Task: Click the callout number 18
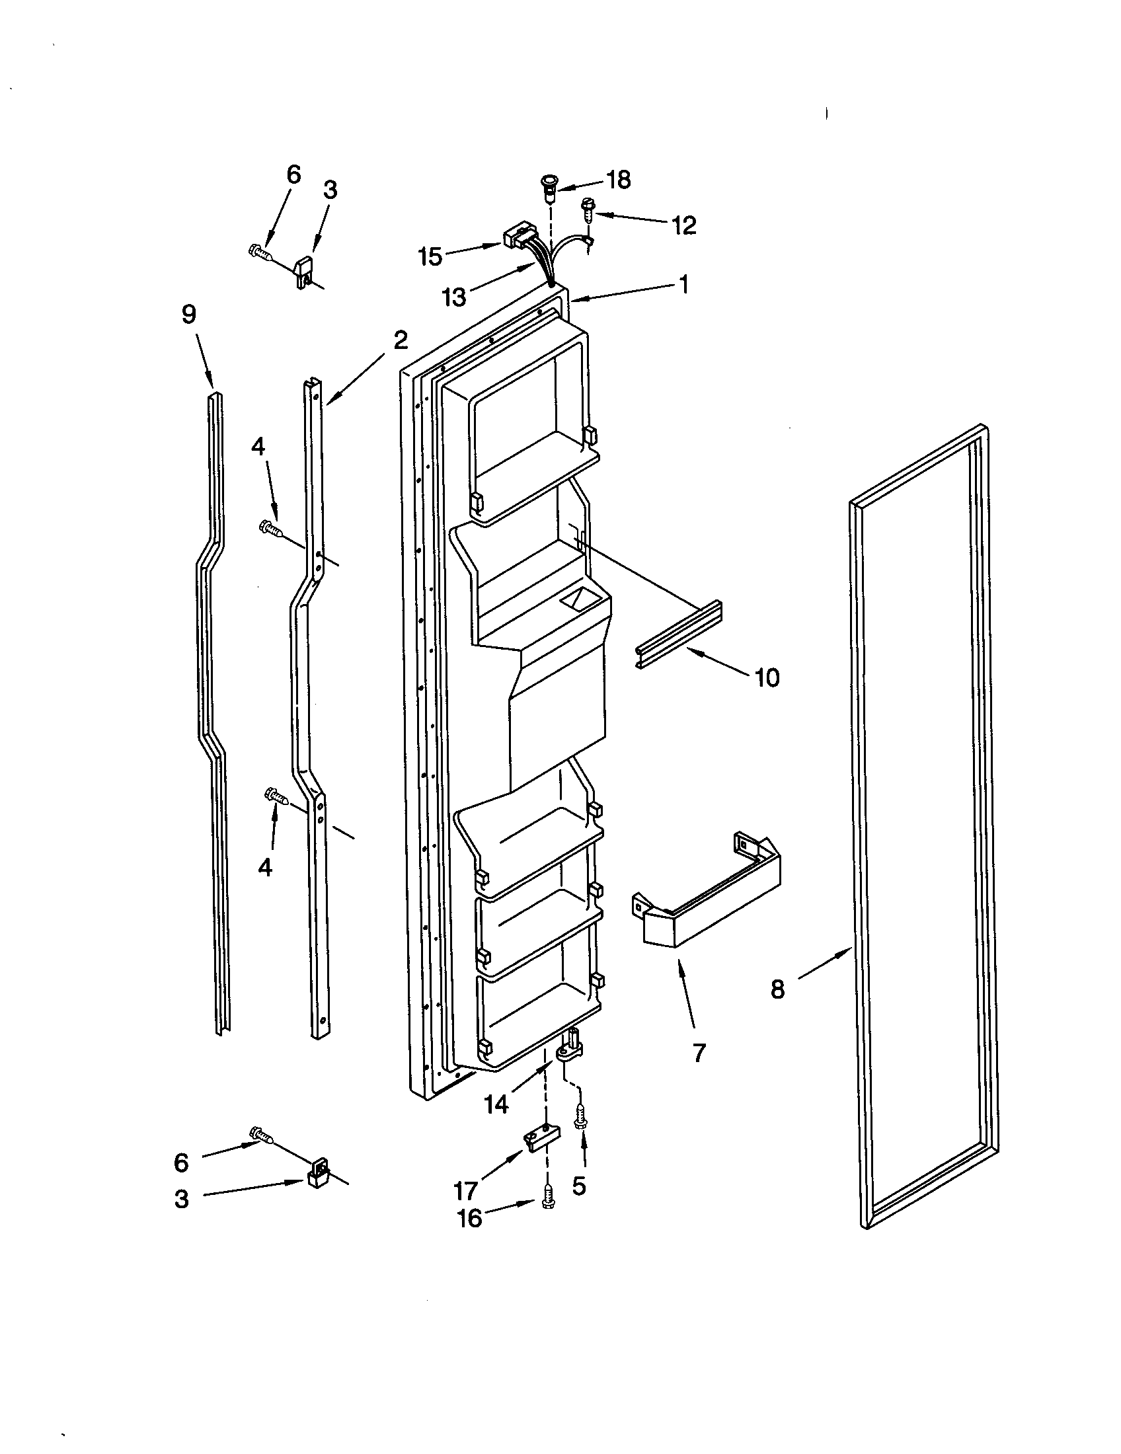coord(619,180)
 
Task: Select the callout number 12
coord(683,225)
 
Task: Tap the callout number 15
coord(431,256)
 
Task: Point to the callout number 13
coord(454,297)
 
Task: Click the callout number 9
coord(189,314)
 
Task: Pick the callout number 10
coord(767,677)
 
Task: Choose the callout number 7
coord(698,1053)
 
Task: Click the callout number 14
coord(496,1104)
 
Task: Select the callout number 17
coord(465,1190)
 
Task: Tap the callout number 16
coord(469,1218)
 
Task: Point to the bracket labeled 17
coord(540,1141)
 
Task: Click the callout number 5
coord(579,1185)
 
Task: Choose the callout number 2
coord(400,340)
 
